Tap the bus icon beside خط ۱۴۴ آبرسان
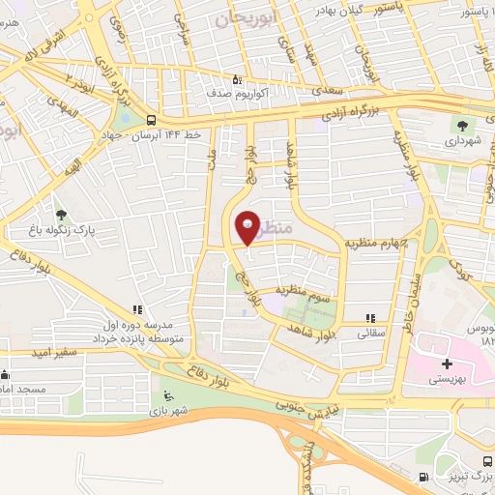tap(151, 120)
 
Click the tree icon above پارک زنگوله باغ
tap(63, 215)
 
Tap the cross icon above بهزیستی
tap(446, 364)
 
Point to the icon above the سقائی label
tap(369, 318)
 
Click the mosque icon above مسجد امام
tap(6, 374)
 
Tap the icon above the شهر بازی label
tap(168, 394)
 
